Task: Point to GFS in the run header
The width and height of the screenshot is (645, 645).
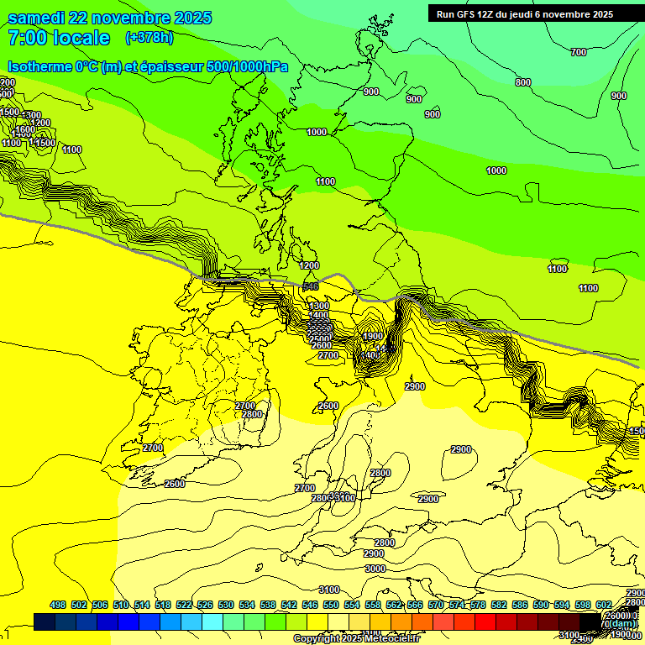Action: click(467, 14)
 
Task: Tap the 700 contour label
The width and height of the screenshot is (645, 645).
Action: click(578, 52)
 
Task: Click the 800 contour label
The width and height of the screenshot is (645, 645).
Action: click(522, 82)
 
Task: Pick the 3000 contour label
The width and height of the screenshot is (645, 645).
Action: click(375, 569)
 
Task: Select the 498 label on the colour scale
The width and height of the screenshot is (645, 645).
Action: click(58, 605)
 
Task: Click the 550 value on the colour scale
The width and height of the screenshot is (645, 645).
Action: click(331, 605)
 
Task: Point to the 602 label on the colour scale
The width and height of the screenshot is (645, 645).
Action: click(604, 605)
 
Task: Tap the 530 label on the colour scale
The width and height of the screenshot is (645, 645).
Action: click(226, 605)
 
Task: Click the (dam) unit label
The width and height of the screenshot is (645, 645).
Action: click(619, 624)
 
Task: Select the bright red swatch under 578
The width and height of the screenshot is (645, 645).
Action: click(485, 621)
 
